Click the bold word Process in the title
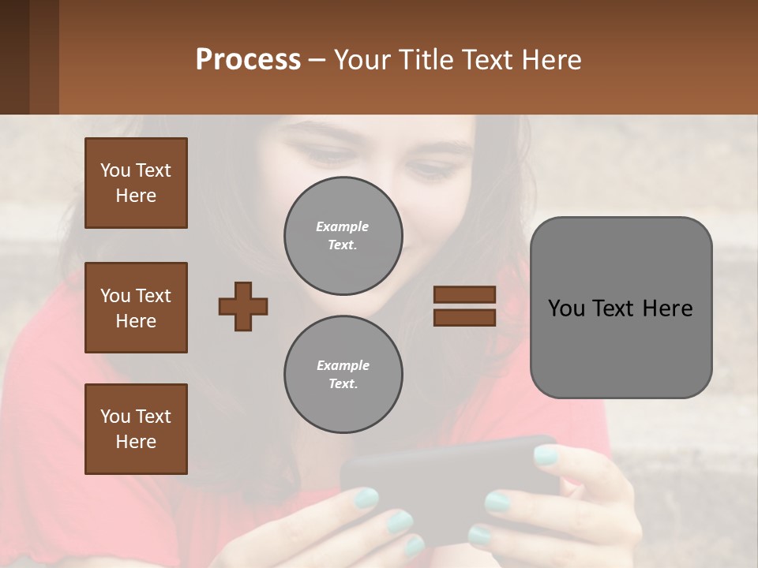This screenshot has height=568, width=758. (248, 60)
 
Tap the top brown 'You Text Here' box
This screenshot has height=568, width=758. (136, 183)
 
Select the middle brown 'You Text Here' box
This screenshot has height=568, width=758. (136, 308)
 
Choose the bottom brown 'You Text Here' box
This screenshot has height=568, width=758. (136, 429)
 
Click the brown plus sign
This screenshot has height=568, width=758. (243, 306)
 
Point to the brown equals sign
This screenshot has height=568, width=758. (464, 306)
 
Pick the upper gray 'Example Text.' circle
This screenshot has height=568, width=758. (343, 235)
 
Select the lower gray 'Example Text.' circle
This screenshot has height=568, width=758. (343, 374)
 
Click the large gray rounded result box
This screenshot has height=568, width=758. (621, 308)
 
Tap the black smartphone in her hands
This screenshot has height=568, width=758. (442, 481)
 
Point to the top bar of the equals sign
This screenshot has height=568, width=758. (464, 295)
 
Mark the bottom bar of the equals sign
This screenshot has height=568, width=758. (464, 317)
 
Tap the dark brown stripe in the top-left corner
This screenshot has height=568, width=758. (14, 57)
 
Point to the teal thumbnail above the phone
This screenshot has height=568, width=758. (546, 454)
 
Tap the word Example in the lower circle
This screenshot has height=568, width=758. (343, 365)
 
